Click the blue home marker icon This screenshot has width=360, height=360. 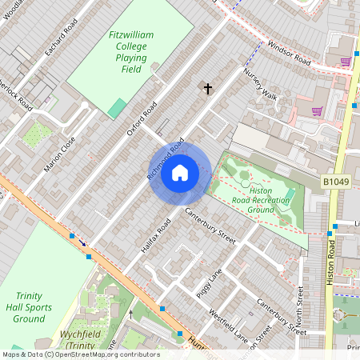pyautogui.click(x=180, y=173)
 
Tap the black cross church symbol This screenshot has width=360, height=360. pyautogui.click(x=208, y=88)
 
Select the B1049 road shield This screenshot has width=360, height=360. pyautogui.click(x=337, y=183)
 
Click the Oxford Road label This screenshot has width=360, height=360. pyautogui.click(x=142, y=118)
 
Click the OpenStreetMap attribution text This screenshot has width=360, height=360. pyautogui.click(x=80, y=354)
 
